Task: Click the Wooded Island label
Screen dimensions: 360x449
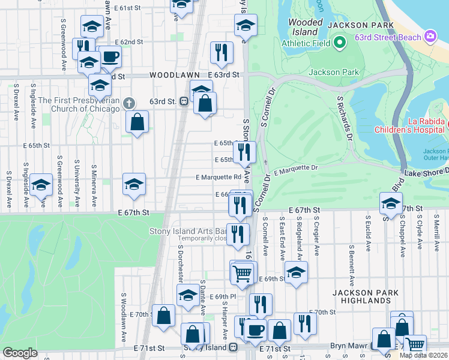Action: [306, 27]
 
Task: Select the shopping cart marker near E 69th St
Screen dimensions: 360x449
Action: [242, 272]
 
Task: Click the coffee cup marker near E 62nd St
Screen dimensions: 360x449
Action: [111, 58]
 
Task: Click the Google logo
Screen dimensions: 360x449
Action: [20, 353]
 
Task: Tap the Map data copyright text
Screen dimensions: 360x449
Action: [423, 355]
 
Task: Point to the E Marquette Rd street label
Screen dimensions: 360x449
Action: [218, 177]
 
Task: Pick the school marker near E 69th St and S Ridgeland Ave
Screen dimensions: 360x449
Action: [295, 272]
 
